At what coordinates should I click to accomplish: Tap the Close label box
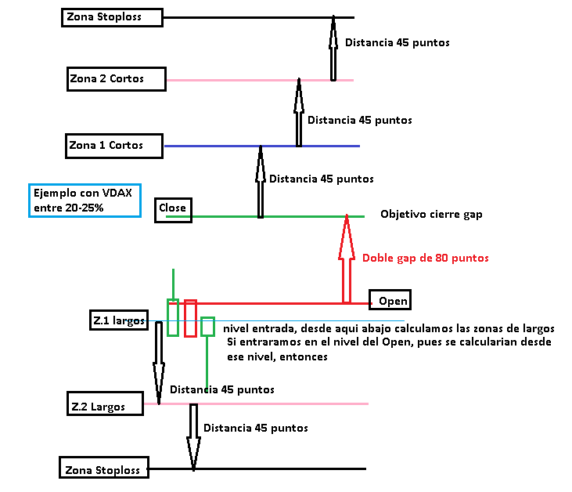pyautogui.click(x=173, y=208)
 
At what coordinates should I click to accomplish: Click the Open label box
pyautogui.click(x=389, y=301)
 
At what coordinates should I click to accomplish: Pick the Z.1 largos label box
pyautogui.click(x=118, y=320)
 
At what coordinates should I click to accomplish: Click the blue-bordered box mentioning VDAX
pyautogui.click(x=84, y=201)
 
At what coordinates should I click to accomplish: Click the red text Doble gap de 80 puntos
pyautogui.click(x=425, y=257)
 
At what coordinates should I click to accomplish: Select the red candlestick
pyautogui.click(x=190, y=317)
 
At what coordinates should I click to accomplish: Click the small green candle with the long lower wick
pyautogui.click(x=207, y=326)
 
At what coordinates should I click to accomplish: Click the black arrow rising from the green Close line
pyautogui.click(x=261, y=182)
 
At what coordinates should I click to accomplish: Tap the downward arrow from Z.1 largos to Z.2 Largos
pyautogui.click(x=159, y=368)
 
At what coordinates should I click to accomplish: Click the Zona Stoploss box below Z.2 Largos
pyautogui.click(x=103, y=469)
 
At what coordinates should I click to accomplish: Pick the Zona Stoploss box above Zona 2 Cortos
pyautogui.click(x=112, y=17)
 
